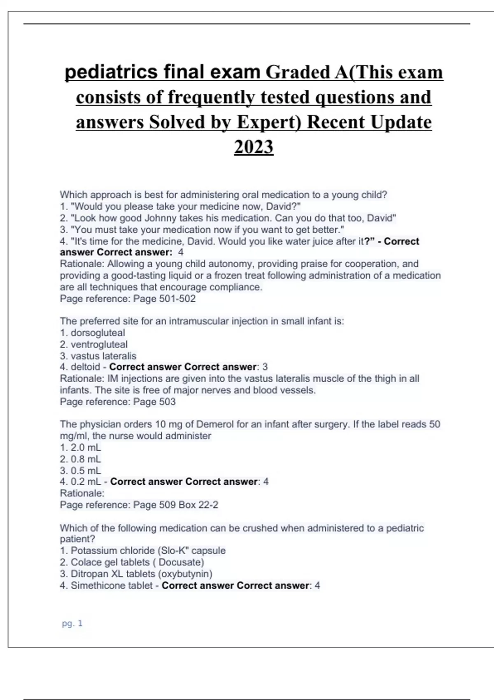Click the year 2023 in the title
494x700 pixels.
(254, 147)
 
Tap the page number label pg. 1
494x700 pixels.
(72, 623)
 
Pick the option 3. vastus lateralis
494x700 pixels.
(98, 356)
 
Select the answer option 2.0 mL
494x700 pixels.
(86, 448)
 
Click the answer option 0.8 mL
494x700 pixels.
(86, 459)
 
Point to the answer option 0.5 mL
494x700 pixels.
(86, 471)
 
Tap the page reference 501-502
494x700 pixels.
(177, 299)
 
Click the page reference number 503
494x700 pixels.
(167, 401)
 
